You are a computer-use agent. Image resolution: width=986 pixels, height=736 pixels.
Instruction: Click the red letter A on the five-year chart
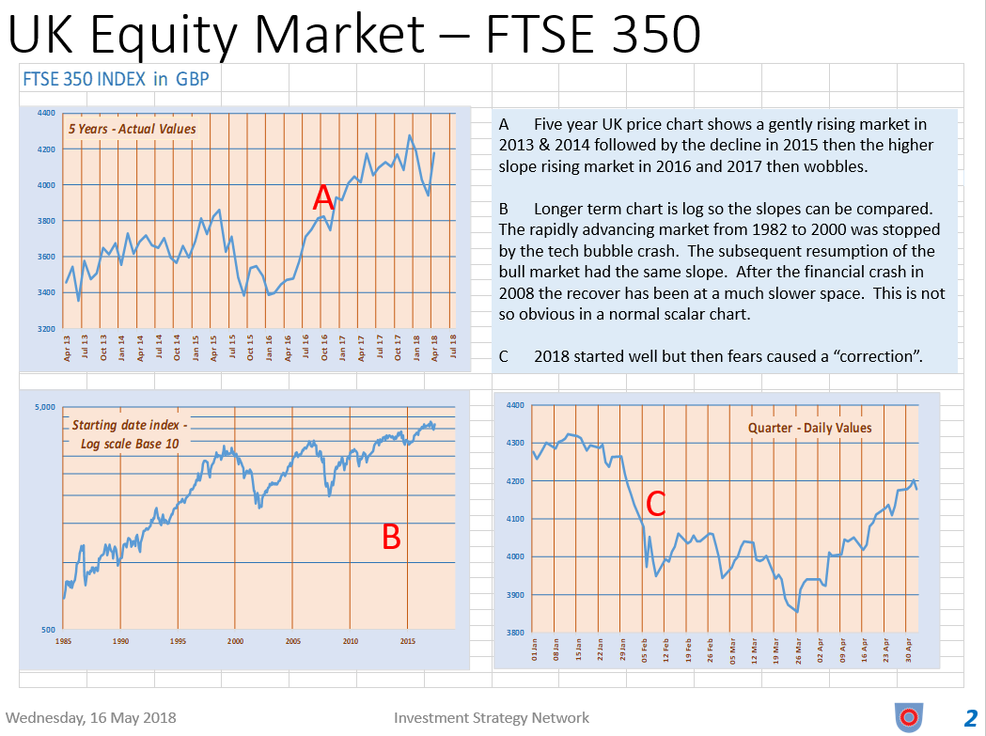(x=323, y=198)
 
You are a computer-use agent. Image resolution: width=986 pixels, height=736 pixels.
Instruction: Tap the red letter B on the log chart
(x=391, y=537)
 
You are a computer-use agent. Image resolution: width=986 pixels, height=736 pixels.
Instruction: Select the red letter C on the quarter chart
(x=655, y=504)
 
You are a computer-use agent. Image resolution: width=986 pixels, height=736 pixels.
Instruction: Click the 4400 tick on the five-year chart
(x=46, y=113)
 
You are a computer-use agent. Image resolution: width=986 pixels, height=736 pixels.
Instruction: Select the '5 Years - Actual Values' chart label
(x=132, y=129)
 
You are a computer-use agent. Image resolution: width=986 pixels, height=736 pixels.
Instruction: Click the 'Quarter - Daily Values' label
(x=809, y=428)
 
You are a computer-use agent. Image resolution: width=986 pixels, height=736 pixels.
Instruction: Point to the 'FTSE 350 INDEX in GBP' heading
(x=116, y=79)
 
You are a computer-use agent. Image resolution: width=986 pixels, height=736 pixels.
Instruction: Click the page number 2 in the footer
(x=971, y=718)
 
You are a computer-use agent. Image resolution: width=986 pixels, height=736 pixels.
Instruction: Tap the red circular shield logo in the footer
(x=907, y=717)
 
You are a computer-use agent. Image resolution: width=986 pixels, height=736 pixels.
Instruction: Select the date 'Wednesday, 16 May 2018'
(x=91, y=718)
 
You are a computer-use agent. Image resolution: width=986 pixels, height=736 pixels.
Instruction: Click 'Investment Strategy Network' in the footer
(x=492, y=718)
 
